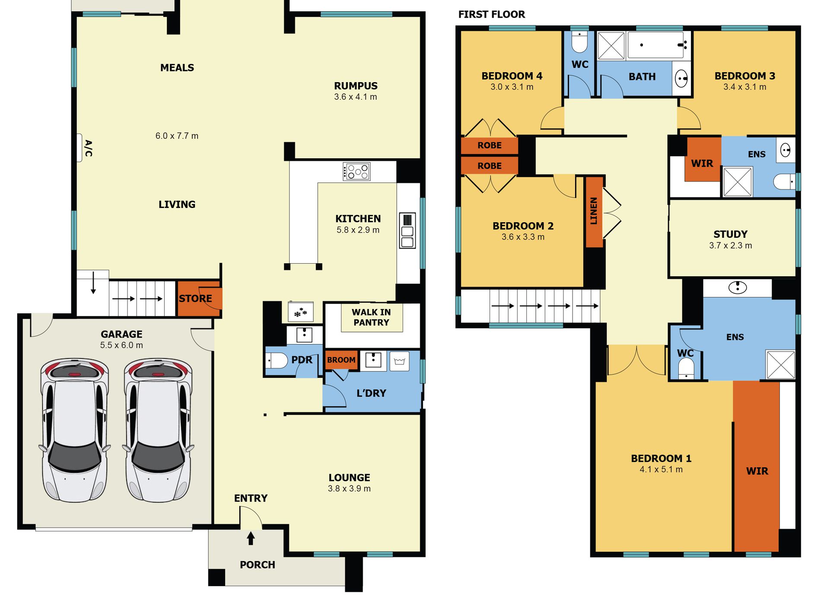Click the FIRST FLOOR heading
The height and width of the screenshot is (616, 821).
coord(491,15)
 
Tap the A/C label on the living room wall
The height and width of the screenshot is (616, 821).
coord(89,148)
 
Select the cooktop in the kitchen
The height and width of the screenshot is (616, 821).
coord(356,171)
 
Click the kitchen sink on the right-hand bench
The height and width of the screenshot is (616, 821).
coord(407,230)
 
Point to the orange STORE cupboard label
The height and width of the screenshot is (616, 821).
coord(195,299)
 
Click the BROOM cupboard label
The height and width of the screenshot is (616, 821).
coord(341,360)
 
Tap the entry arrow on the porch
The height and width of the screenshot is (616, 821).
coord(251,538)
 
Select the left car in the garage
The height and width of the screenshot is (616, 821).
coord(75,430)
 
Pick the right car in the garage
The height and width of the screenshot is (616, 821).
coord(158,430)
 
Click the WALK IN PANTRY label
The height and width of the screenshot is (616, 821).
coord(371,317)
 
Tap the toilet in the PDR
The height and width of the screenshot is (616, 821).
coord(276,360)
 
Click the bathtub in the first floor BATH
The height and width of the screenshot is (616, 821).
coord(656,45)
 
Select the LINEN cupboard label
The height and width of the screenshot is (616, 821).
coord(594,211)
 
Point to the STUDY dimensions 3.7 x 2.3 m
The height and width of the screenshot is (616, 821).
coord(730,246)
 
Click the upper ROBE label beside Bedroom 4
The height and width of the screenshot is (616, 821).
coord(490,146)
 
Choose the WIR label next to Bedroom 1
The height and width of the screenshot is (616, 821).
coord(757,471)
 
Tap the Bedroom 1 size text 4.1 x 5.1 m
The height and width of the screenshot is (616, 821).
coord(661,469)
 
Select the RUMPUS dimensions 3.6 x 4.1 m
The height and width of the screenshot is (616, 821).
coord(356,97)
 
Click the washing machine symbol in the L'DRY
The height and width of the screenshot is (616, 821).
coord(399,361)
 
